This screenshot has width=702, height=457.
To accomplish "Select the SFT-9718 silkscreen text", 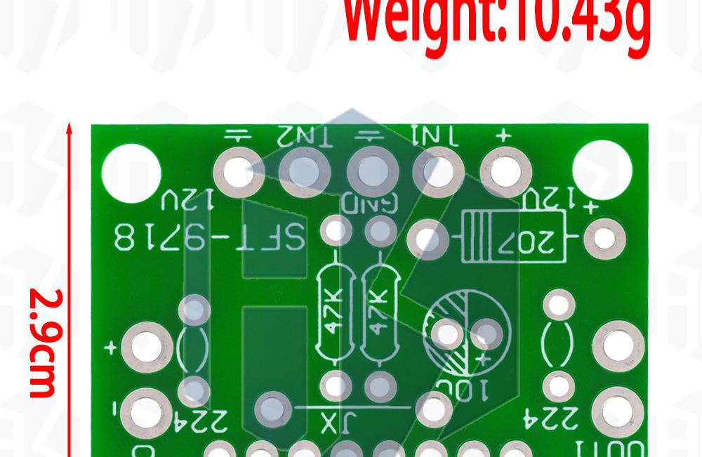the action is coord(210,238).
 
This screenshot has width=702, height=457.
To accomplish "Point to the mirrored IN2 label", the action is coord(306,135).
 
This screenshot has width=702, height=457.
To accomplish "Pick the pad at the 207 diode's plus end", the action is coord(604,239).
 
